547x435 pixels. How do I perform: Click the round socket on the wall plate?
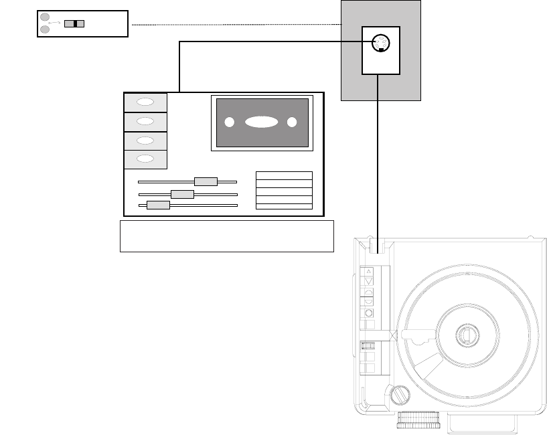(380, 44)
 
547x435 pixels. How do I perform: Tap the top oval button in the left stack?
(145, 102)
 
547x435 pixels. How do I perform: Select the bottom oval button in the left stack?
(145, 159)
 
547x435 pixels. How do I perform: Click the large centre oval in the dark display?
(261, 122)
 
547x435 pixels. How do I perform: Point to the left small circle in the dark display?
(229, 122)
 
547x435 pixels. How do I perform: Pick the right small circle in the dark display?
(292, 122)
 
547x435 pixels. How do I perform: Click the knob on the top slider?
(206, 181)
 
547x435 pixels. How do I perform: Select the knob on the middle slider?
(182, 194)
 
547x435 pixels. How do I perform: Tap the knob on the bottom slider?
(158, 205)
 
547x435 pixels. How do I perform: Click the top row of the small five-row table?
(284, 176)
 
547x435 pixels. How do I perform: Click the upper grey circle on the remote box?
(45, 17)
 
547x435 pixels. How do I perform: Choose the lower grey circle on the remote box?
(45, 29)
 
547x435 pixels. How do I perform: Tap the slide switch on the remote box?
(74, 24)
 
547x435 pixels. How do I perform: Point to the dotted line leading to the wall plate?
(234, 25)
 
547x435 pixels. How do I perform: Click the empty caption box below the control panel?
(226, 236)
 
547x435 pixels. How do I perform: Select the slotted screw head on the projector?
(400, 395)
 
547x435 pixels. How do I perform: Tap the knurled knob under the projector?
(418, 420)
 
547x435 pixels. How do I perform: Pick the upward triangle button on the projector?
(368, 271)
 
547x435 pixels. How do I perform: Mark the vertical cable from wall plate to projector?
(379, 161)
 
